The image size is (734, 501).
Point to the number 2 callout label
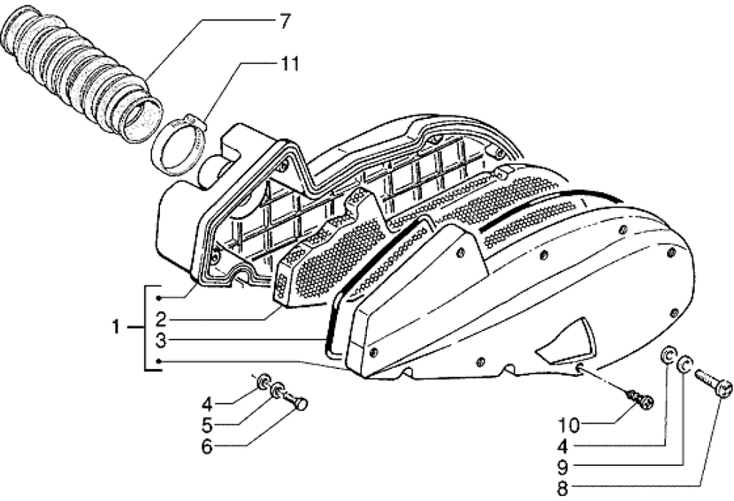pos(160,319)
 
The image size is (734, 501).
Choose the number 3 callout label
pos(160,340)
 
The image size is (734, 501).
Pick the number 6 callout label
pos(208,445)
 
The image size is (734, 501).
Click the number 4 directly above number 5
pos(208,403)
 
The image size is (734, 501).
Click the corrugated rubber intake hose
pos(81,73)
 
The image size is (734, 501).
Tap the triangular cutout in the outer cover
pos(569,342)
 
